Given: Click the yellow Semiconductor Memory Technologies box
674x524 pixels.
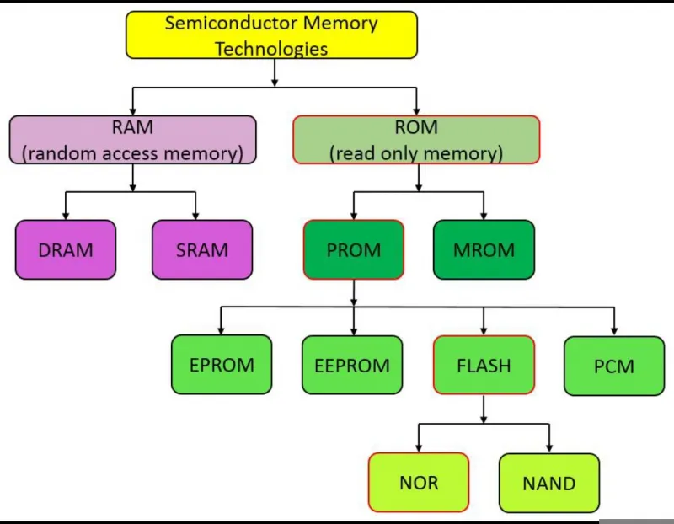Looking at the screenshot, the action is [271, 35].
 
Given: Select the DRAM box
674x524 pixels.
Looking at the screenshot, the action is [66, 249].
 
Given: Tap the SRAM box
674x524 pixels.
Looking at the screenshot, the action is [202, 249].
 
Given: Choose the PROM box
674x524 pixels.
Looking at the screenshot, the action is [354, 249].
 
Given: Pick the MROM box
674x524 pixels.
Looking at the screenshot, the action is [484, 249].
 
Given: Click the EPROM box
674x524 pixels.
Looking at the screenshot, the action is [222, 365].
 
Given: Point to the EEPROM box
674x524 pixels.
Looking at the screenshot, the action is [352, 365].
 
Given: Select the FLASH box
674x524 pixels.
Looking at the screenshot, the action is [484, 365].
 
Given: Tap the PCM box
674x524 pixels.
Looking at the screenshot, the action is [614, 366].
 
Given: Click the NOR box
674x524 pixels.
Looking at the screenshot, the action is [419, 483].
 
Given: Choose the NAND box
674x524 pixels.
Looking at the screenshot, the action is [549, 484].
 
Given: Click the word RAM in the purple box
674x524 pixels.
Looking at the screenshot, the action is [132, 127].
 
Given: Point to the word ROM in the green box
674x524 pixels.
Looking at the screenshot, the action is [416, 127].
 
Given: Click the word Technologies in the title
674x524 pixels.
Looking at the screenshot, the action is [271, 49].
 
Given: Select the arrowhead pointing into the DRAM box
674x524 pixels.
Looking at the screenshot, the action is [66, 216].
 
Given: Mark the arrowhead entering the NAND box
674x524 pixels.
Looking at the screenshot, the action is [549, 448].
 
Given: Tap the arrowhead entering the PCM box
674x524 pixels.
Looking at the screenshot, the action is [614, 331].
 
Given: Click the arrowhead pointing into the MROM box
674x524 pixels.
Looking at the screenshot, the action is [484, 216].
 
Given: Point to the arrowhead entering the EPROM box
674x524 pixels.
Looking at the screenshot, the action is [221, 330].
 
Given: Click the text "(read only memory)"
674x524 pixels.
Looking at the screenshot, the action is [416, 153].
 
